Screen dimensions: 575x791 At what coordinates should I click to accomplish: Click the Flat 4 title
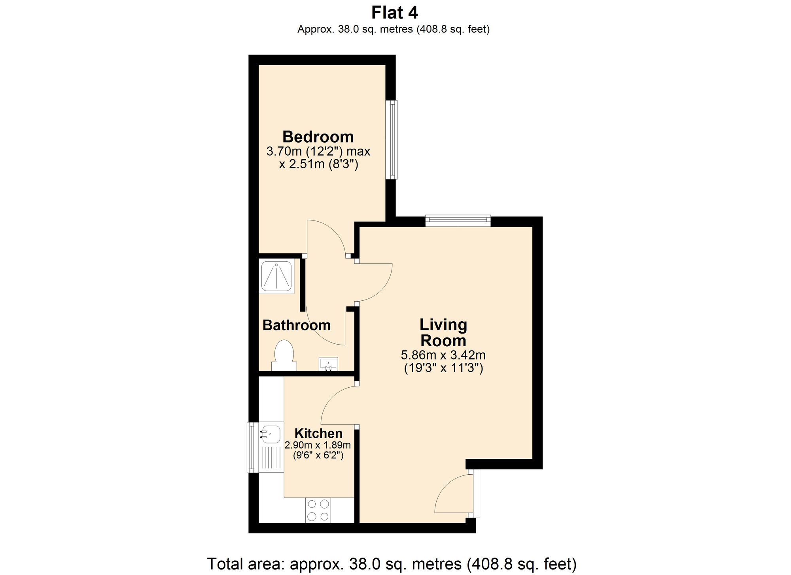pos(394,13)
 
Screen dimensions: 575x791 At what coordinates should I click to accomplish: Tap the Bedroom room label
pos(318,137)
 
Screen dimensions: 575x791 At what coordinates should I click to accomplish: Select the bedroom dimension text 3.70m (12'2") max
pos(318,151)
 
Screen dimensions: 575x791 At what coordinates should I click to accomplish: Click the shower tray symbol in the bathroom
pos(276,276)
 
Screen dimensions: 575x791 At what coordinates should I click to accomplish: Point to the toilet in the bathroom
pos(284,354)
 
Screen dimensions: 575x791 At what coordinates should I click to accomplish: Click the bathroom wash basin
pos(328,364)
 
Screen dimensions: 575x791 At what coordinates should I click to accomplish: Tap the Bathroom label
pos(296,325)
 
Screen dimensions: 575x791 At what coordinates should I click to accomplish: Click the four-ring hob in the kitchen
pos(318,510)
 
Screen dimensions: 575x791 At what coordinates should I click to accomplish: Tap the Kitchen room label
pos(318,433)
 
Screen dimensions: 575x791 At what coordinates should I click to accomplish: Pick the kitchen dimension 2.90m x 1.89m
pos(318,445)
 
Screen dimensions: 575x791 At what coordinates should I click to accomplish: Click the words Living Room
pos(443,332)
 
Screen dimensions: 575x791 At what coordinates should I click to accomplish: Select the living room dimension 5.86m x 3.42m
pos(443,355)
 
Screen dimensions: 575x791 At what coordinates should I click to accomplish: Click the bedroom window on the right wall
pos(392,140)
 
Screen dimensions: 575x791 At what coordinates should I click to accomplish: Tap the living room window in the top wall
pos(458,221)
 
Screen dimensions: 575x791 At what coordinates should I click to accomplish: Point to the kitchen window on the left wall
pos(251,447)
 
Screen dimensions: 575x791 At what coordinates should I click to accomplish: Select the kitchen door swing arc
pos(336,403)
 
